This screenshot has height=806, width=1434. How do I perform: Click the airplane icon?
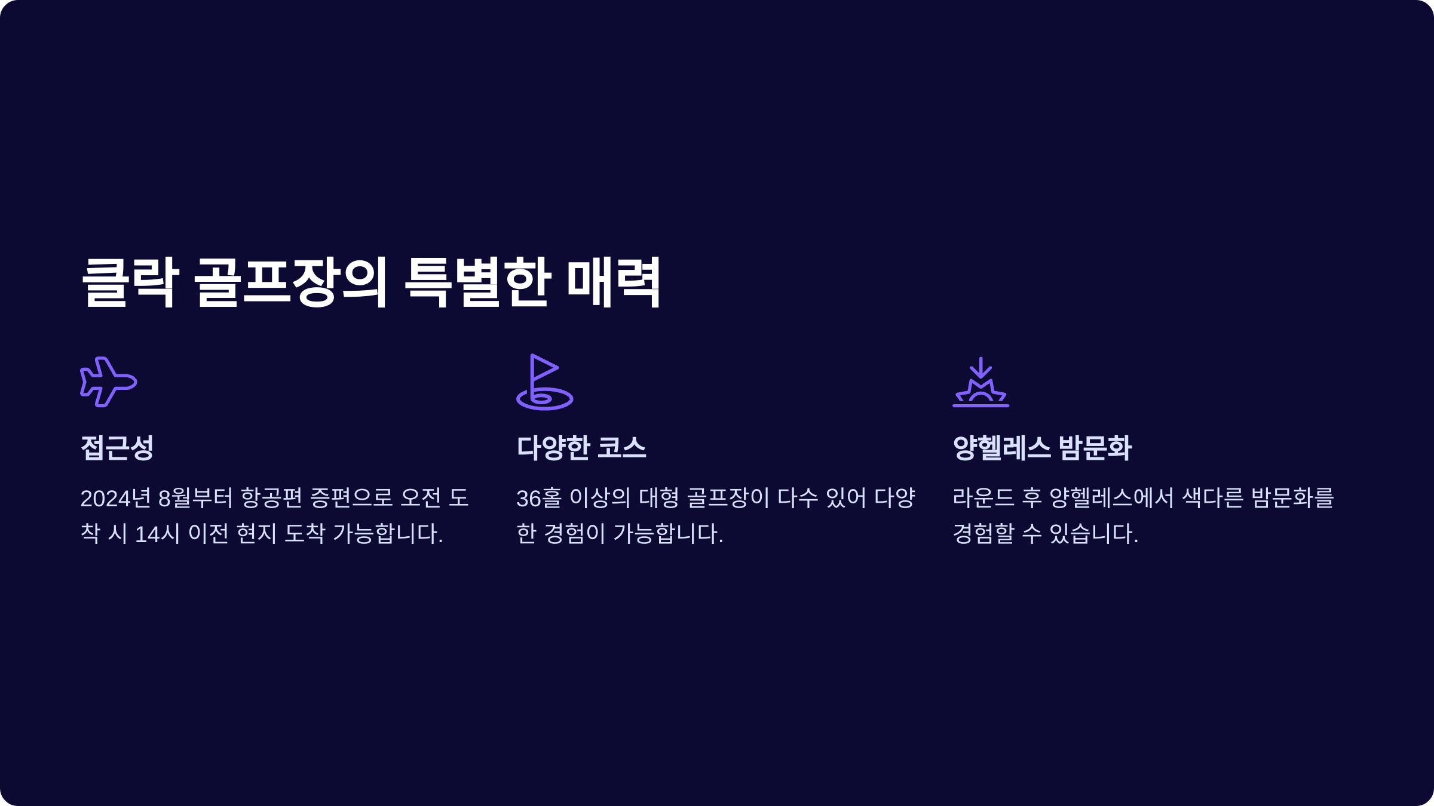(109, 382)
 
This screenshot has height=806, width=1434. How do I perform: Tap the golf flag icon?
(544, 382)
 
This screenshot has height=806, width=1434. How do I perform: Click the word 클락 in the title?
(130, 282)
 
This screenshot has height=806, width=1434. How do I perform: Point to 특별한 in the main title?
(477, 282)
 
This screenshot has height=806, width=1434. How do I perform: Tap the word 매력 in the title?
(614, 282)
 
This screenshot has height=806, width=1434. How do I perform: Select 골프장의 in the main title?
(291, 282)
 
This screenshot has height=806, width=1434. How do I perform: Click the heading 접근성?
(117, 448)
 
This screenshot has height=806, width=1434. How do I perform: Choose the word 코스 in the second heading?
(621, 448)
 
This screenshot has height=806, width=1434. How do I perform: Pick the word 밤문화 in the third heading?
(1095, 448)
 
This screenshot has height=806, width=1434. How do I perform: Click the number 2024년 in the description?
(115, 498)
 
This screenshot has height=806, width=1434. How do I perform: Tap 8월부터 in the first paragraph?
(195, 498)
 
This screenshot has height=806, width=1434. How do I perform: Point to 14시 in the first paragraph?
(157, 533)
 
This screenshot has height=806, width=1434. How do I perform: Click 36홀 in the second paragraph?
(539, 498)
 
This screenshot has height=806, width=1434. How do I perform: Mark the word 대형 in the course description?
(659, 498)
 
